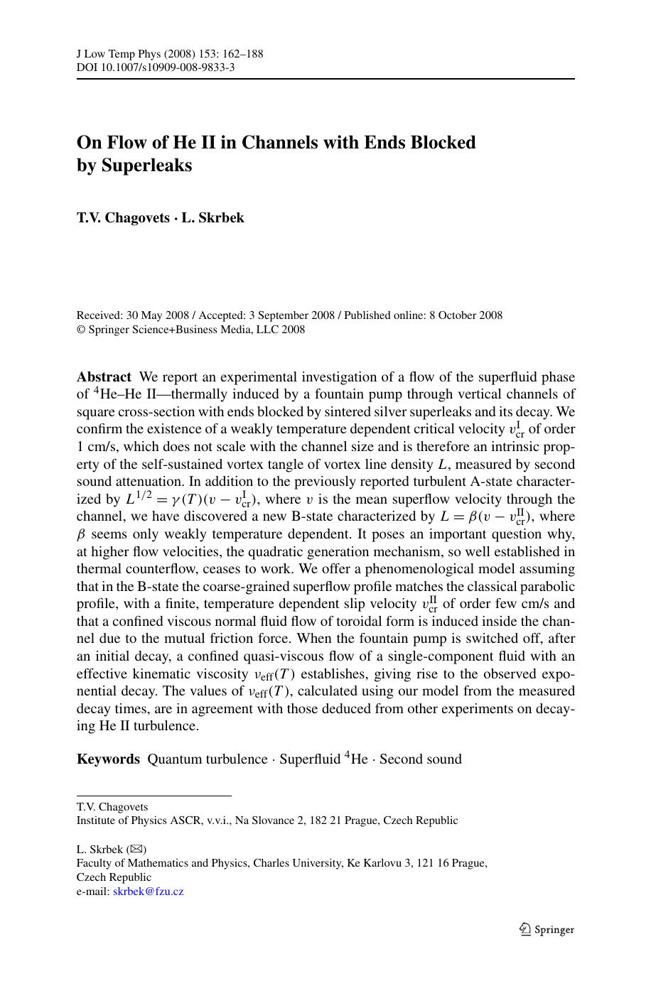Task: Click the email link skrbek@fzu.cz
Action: coord(148,892)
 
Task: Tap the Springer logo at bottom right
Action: coord(547,929)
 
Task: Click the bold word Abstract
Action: coord(104,377)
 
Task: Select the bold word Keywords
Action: coord(108,759)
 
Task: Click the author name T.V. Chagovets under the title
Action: coord(123,218)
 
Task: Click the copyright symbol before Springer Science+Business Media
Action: coord(80,330)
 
